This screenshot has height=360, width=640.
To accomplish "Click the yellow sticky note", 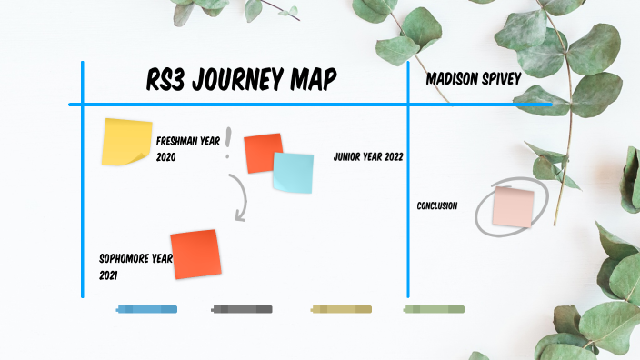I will [126, 142].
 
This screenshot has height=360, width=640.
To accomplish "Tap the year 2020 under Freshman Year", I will [165, 157].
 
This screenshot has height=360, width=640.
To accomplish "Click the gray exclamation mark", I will [229, 142].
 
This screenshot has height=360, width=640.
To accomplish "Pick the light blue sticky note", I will [294, 173].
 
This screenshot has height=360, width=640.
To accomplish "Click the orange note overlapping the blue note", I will [262, 151].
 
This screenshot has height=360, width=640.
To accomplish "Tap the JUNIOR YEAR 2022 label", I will [368, 156].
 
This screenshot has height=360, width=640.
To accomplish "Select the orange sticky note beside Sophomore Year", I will [195, 255].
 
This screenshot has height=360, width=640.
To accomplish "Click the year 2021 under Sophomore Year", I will [109, 275].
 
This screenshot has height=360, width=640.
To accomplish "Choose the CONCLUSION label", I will [436, 205].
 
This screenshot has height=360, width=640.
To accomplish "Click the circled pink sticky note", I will [513, 207].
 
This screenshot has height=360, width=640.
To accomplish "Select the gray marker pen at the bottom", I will [242, 310].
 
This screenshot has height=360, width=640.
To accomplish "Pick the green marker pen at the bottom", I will [434, 310].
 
